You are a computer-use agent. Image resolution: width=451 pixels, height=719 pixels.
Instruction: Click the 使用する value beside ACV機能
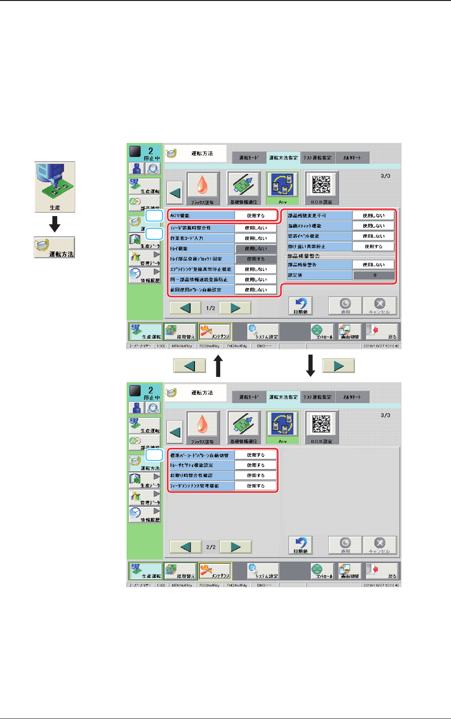click(256, 216)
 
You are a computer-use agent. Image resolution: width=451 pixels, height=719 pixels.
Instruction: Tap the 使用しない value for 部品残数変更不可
click(373, 216)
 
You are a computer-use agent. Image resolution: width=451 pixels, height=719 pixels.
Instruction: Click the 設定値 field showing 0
click(373, 275)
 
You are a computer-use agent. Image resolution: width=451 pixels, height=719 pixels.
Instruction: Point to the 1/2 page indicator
click(210, 308)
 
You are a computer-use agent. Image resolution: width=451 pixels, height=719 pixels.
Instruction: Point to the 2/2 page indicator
click(210, 547)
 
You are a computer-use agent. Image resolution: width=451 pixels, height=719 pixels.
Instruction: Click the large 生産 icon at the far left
click(55, 187)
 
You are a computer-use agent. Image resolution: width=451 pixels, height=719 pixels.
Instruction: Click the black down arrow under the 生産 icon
click(55, 224)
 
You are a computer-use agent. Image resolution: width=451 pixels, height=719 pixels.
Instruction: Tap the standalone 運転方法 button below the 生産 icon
click(54, 248)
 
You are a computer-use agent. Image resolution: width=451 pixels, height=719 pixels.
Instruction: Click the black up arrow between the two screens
click(218, 366)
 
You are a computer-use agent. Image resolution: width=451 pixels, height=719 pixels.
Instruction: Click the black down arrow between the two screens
click(311, 366)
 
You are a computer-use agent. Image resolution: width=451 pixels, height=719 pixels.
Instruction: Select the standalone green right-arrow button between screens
click(338, 365)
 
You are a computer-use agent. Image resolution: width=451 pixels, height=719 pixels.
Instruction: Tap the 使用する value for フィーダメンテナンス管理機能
click(256, 486)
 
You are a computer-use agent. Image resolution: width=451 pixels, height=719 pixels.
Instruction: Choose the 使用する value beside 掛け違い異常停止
click(373, 247)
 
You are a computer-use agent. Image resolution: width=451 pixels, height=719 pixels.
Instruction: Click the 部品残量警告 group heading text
click(304, 256)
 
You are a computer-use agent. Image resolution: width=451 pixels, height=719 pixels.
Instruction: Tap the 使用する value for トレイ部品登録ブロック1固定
click(256, 259)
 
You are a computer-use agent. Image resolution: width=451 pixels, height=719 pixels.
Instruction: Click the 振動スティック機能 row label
click(319, 226)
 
